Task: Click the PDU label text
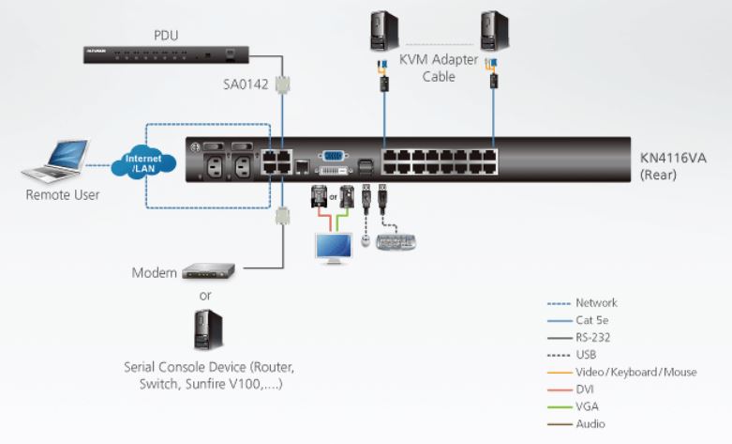[166, 36]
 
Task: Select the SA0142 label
[246, 84]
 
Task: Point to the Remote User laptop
[58, 161]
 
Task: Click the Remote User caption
[62, 195]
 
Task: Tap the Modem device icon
[209, 272]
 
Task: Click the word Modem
[155, 273]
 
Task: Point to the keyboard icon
[396, 242]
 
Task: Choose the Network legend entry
[596, 303]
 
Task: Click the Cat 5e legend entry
[594, 320]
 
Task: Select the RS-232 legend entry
[594, 338]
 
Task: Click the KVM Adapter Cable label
[439, 69]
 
